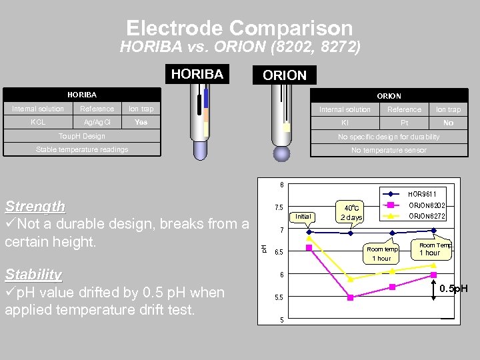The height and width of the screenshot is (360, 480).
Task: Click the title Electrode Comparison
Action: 239,28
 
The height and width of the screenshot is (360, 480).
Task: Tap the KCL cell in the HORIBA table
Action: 38,122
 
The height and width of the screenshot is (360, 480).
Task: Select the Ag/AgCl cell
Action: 97,122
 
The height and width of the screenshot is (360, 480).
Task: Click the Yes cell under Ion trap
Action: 141,122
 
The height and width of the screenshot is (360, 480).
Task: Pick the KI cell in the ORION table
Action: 345,123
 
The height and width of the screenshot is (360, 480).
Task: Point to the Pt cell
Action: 404,123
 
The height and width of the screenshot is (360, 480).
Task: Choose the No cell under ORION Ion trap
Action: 448,123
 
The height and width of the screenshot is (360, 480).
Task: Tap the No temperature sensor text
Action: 389,151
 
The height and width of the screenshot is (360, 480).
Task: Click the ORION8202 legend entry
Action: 427,205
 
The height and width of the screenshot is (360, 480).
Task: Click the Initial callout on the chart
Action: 303,217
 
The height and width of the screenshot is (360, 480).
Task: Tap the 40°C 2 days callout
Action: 351,212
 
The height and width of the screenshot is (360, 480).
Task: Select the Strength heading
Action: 35,207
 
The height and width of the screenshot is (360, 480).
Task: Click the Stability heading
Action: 33,275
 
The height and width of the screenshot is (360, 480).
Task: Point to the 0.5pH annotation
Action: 453,289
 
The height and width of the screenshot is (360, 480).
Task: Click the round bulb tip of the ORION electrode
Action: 282,153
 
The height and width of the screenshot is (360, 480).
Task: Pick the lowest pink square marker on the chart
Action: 350,297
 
